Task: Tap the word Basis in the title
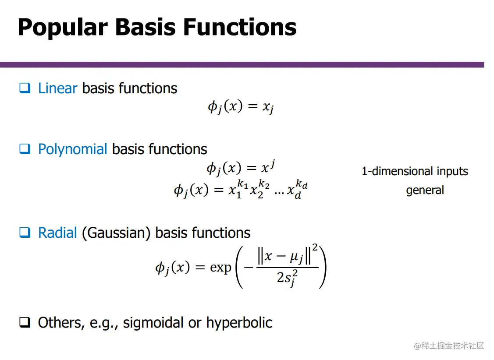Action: click(145, 27)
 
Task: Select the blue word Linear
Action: click(58, 88)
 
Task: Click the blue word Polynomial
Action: click(73, 149)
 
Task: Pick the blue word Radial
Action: click(57, 233)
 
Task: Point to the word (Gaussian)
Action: click(116, 233)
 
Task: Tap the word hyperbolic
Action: click(239, 323)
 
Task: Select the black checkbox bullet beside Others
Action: click(25, 322)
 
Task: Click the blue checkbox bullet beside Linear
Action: click(25, 88)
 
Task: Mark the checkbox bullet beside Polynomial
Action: click(25, 149)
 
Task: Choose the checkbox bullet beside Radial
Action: click(25, 233)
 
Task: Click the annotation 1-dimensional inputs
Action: click(415, 172)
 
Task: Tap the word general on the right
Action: click(425, 191)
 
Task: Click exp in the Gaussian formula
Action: click(220, 268)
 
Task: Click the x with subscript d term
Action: click(297, 190)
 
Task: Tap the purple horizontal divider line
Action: click(242, 65)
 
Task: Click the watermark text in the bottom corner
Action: click(449, 346)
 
